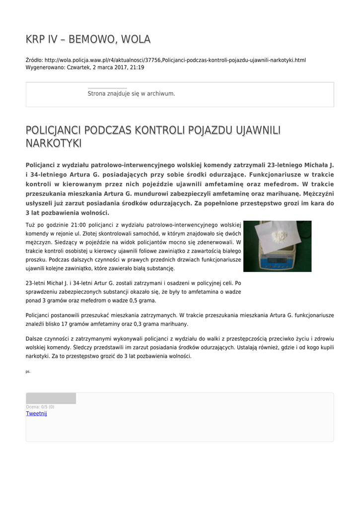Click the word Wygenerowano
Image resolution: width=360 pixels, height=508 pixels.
point(45,67)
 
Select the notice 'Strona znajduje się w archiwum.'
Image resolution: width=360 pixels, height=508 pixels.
point(131,93)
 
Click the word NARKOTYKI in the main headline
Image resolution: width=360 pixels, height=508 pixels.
point(54,143)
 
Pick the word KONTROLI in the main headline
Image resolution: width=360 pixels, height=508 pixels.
point(170,130)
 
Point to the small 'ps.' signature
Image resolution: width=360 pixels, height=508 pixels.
point(28,371)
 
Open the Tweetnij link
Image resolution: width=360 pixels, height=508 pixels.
point(36,413)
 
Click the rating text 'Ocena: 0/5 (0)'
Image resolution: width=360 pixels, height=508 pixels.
point(40,407)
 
